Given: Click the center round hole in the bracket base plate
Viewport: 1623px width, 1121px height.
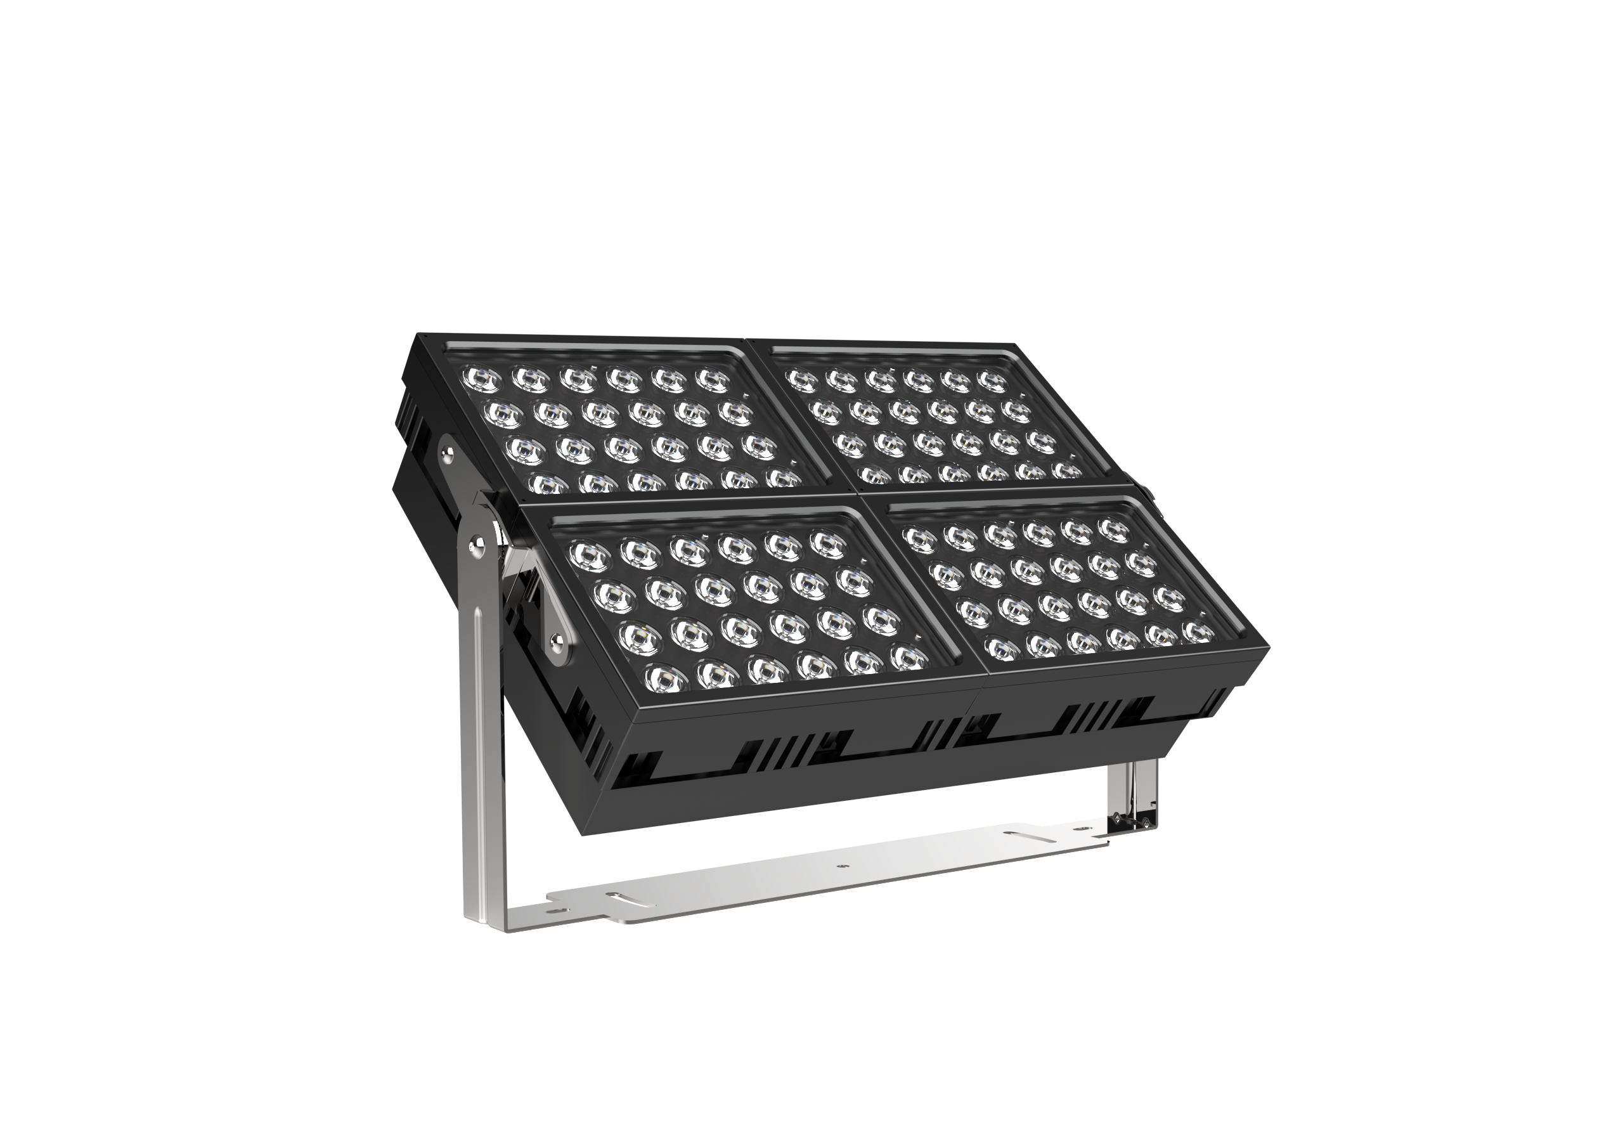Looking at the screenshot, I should (842, 867).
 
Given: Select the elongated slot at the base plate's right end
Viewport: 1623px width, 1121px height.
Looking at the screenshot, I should (1030, 836).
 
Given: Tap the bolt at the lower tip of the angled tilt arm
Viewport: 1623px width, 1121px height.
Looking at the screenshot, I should (556, 639).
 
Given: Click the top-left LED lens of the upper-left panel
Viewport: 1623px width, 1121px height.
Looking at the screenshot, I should (482, 379).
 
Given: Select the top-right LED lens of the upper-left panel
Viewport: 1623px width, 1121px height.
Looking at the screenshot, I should (715, 380).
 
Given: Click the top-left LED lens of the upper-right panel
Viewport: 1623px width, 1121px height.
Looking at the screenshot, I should (802, 380).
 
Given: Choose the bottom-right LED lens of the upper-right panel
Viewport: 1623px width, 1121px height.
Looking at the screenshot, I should (1067, 470).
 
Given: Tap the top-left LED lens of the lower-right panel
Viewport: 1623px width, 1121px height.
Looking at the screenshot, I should (920, 539).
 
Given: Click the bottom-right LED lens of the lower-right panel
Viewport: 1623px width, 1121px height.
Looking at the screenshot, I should (1198, 632).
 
